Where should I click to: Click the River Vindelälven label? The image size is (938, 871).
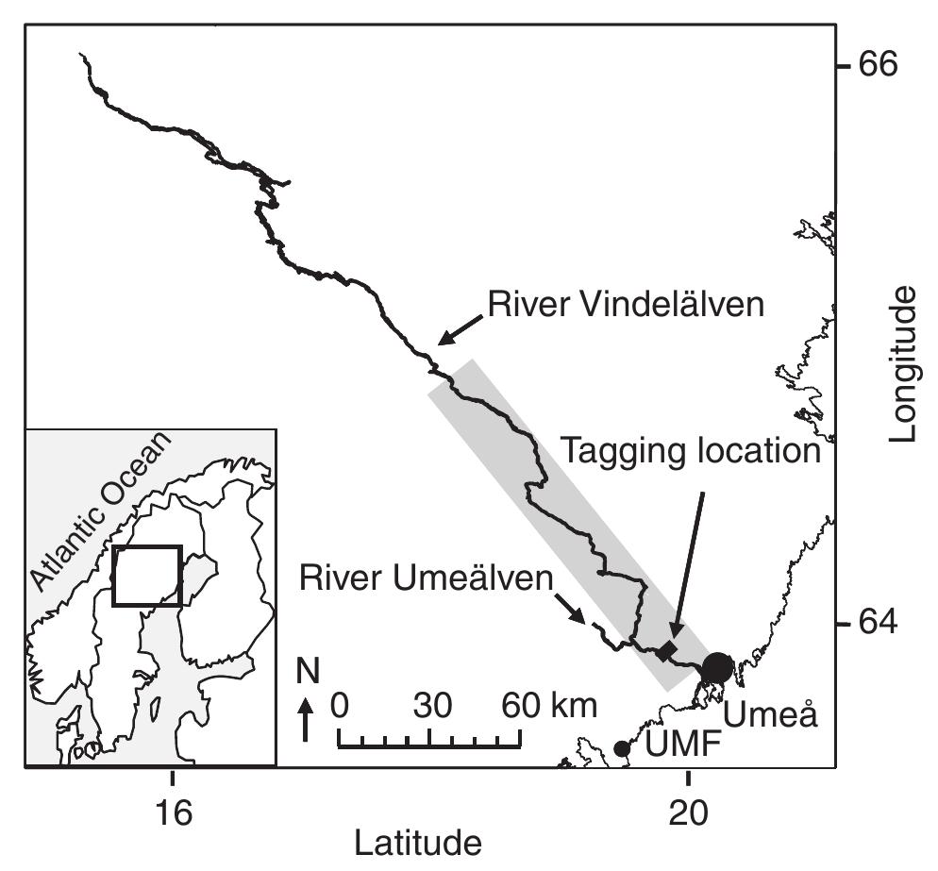point(625,305)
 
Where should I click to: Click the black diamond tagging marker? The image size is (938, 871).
point(668,650)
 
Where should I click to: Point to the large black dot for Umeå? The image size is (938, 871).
point(717,667)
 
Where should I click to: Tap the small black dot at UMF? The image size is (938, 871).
point(622,748)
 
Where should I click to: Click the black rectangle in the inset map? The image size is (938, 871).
point(146,575)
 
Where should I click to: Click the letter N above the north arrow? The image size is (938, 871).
point(305,673)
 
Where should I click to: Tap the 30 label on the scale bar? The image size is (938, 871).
point(430,705)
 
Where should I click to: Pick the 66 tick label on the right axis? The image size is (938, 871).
point(878,65)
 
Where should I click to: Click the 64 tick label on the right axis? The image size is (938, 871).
point(878,624)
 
